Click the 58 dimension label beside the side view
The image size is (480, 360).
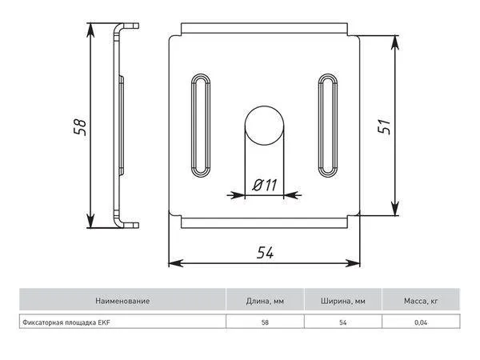[x=80, y=126]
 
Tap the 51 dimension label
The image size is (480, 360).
[x=384, y=126]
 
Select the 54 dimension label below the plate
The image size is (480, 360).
[x=265, y=253]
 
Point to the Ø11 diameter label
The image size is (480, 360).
[x=265, y=185]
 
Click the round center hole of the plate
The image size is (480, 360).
[x=264, y=126]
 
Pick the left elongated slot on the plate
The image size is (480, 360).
[x=201, y=126]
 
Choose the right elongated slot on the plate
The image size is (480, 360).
[x=328, y=126]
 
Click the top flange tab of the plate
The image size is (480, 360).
[x=265, y=28]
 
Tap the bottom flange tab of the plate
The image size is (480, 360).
[x=265, y=222]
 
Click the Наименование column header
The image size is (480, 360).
[x=122, y=301]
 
